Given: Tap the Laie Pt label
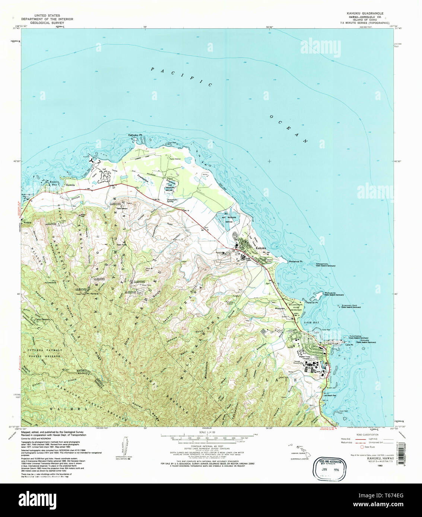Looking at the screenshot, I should tap(349, 345).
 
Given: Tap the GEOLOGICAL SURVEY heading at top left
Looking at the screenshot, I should tap(47, 23).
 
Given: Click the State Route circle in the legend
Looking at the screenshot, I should tap(361, 447).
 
